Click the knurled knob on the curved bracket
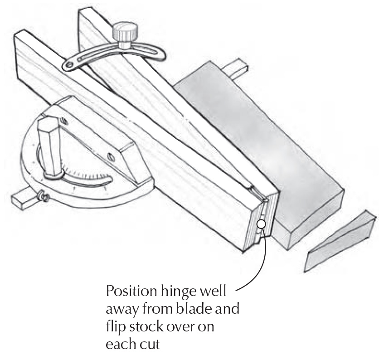[x=125, y=32]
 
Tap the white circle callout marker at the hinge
[x=261, y=224]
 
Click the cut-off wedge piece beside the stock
[x=340, y=241]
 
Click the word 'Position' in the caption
[x=132, y=292]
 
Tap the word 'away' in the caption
[x=122, y=311]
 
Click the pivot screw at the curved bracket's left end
[x=70, y=65]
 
